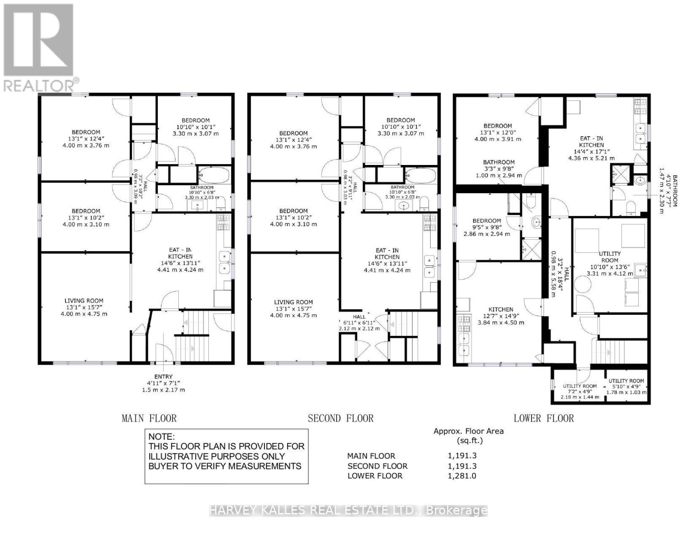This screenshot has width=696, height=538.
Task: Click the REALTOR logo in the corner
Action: pyautogui.click(x=39, y=47)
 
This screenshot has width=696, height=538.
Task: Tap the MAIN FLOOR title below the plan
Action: pyautogui.click(x=149, y=418)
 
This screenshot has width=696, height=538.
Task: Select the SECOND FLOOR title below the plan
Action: pyautogui.click(x=340, y=418)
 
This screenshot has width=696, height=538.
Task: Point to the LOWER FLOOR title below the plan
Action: pyautogui.click(x=543, y=418)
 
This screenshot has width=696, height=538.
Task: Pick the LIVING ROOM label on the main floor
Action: pyautogui.click(x=84, y=301)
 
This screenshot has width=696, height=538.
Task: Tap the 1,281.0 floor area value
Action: pyautogui.click(x=462, y=476)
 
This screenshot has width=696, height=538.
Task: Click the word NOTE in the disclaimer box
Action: pyautogui.click(x=162, y=437)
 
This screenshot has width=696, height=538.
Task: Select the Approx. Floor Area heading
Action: pyautogui.click(x=468, y=431)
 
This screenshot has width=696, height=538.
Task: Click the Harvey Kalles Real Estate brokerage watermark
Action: pyautogui.click(x=348, y=510)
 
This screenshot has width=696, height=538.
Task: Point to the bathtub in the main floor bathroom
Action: pyautogui.click(x=214, y=175)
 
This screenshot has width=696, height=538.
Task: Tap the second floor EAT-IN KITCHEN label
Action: pyautogui.click(x=387, y=254)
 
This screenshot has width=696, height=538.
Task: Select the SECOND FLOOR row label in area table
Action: pyautogui.click(x=377, y=466)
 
